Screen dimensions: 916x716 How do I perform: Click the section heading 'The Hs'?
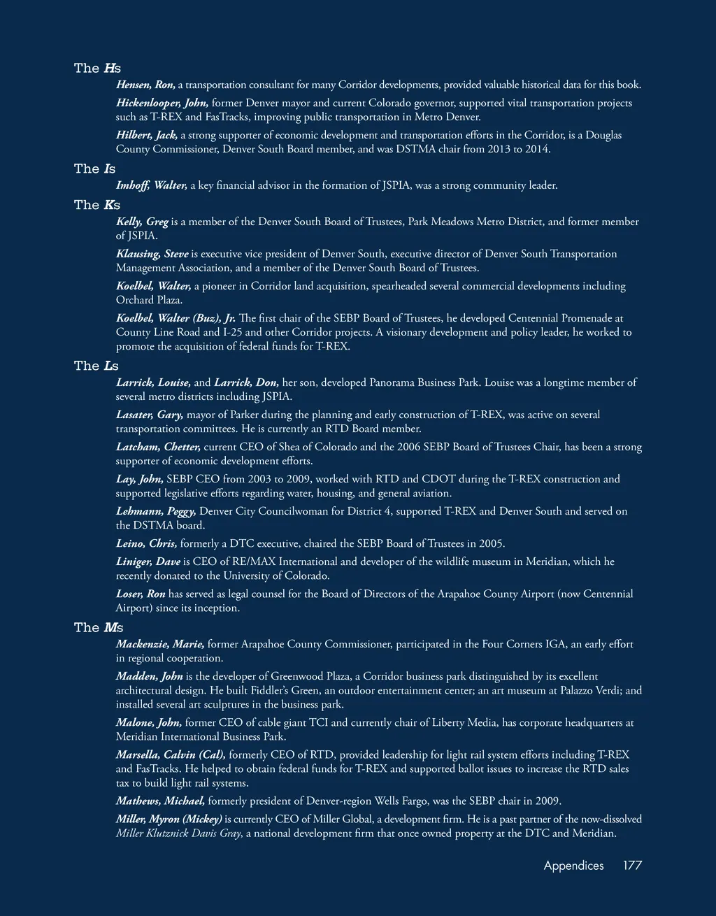97,68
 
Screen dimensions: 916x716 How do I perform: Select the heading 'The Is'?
94,169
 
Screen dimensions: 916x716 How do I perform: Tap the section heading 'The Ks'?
97,205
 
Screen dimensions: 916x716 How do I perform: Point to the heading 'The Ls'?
96,366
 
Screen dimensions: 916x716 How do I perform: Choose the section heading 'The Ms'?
99,627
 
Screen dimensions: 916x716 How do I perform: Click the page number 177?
632,865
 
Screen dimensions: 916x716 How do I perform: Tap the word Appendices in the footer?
573,865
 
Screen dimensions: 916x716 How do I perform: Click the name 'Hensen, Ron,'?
145,85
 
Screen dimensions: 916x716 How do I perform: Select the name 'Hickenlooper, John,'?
162,103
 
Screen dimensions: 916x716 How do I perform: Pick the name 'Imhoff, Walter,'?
152,185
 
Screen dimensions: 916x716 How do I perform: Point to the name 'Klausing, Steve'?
152,254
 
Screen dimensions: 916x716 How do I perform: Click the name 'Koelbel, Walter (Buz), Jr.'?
176,318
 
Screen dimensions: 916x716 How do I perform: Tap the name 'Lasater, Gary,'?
150,415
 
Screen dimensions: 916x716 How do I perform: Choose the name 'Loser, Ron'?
141,594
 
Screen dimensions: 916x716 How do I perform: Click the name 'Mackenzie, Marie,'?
160,644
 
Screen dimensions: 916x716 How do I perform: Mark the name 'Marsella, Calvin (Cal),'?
171,754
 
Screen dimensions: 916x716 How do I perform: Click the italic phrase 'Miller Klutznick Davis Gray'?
178,833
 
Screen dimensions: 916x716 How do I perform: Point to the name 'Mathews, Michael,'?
160,801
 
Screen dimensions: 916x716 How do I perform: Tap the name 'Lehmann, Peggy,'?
156,511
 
